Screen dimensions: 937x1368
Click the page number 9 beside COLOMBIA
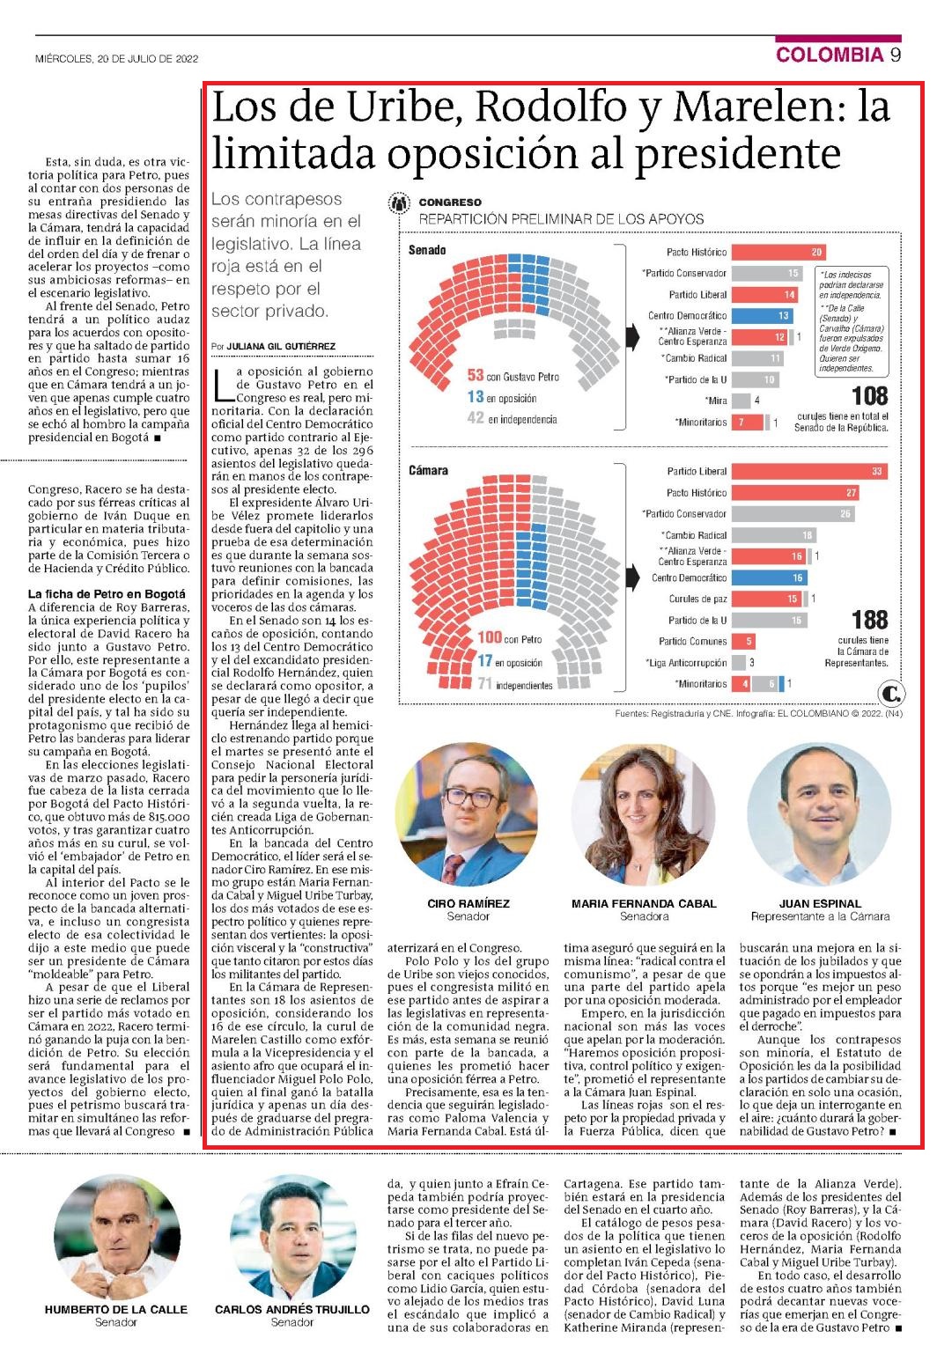click(x=895, y=55)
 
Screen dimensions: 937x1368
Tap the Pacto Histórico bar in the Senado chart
click(x=778, y=252)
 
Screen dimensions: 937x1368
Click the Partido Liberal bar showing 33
click(x=809, y=471)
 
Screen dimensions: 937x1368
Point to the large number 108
click(x=870, y=396)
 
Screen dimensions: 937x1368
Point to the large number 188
click(x=870, y=620)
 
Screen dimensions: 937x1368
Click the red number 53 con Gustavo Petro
click(x=476, y=376)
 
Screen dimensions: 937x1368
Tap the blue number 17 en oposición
click(x=485, y=661)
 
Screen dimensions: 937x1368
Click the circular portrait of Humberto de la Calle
click(x=116, y=1238)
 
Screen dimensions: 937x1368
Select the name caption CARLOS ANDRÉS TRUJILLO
click(x=292, y=1309)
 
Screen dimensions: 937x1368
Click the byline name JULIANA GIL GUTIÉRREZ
click(x=281, y=346)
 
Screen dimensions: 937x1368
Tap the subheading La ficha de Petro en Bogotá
click(x=107, y=593)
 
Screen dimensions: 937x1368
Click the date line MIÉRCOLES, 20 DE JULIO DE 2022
click(x=116, y=59)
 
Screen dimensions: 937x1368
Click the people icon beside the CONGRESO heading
click(x=400, y=202)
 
